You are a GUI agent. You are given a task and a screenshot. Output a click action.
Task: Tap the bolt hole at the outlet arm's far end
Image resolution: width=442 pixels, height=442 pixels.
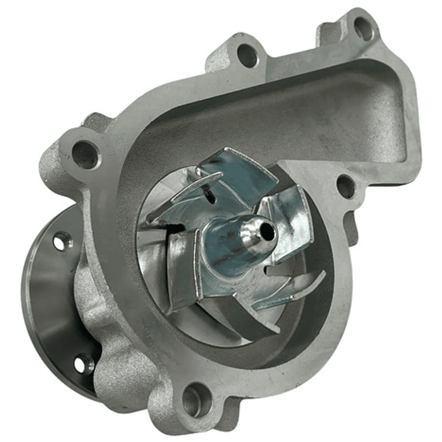[363, 28]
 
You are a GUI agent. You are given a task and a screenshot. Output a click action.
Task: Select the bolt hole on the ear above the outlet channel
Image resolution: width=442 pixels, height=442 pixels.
[247, 55]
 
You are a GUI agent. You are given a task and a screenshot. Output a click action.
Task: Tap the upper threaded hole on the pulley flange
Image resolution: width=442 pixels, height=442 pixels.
[61, 242]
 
